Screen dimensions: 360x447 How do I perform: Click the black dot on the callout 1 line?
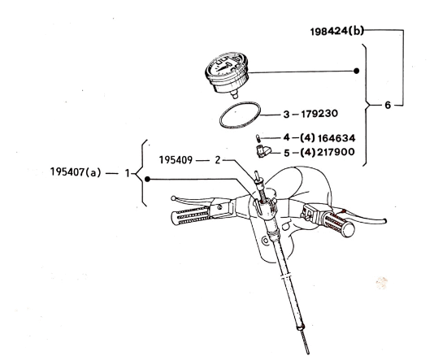[148, 178]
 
